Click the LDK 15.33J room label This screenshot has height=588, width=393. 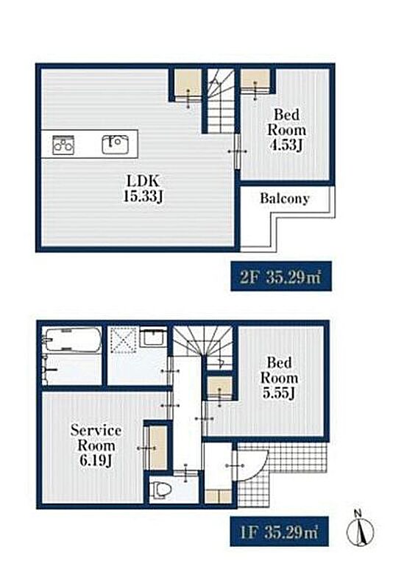point(143,188)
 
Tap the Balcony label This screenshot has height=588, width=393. point(285,198)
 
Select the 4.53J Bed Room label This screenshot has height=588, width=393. point(286,130)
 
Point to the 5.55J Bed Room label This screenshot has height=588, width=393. point(279,378)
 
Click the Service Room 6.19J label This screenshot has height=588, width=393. point(96,445)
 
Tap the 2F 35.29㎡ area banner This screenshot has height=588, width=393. point(281,276)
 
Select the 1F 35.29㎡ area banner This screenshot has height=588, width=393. point(279,531)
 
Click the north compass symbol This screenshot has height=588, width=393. point(360,528)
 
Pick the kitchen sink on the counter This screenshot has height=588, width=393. point(116,144)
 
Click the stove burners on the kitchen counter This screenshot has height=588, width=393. point(63,145)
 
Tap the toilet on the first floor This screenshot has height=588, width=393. point(160,489)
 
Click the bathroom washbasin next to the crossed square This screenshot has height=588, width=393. point(154,336)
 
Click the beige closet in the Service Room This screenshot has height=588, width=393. point(157,448)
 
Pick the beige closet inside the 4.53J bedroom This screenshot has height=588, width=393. point(255,79)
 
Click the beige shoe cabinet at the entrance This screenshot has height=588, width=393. point(219,496)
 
